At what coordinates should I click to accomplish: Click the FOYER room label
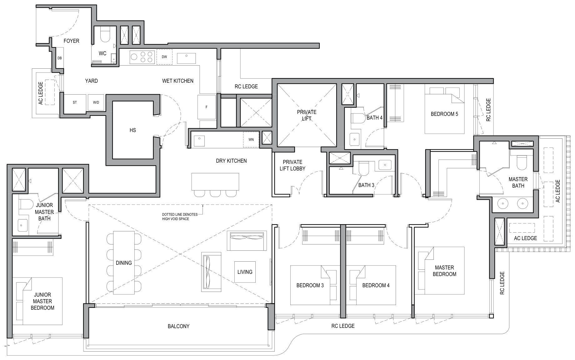point(71,41)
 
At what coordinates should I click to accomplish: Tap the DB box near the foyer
point(60,58)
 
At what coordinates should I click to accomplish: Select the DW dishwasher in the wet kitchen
point(164,57)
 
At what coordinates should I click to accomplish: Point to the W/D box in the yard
point(96,102)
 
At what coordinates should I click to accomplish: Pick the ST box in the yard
point(75,102)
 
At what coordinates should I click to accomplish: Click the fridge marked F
point(207,107)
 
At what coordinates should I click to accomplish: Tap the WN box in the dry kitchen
point(251,140)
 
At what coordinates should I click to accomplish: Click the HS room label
point(133,130)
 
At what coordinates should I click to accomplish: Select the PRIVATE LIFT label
point(307,115)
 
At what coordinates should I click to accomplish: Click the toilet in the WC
point(105,35)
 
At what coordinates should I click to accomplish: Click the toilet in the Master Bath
point(522,162)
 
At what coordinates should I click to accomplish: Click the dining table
point(124,263)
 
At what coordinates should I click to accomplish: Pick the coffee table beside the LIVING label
point(245,272)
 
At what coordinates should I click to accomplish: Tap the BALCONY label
point(178,326)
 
